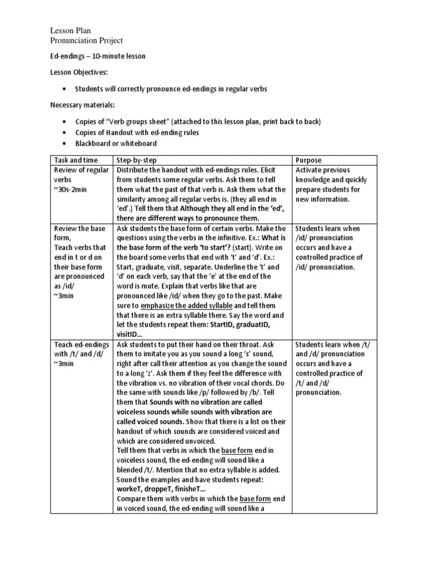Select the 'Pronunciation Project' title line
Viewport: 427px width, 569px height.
pyautogui.click(x=86, y=41)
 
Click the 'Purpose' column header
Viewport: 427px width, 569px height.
pyautogui.click(x=309, y=159)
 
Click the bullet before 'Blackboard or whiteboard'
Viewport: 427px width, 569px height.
pyautogui.click(x=67, y=144)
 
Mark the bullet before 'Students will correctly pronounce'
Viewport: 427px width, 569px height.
pyautogui.click(x=67, y=89)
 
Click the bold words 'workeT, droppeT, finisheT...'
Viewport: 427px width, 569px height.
pyautogui.click(x=161, y=489)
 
